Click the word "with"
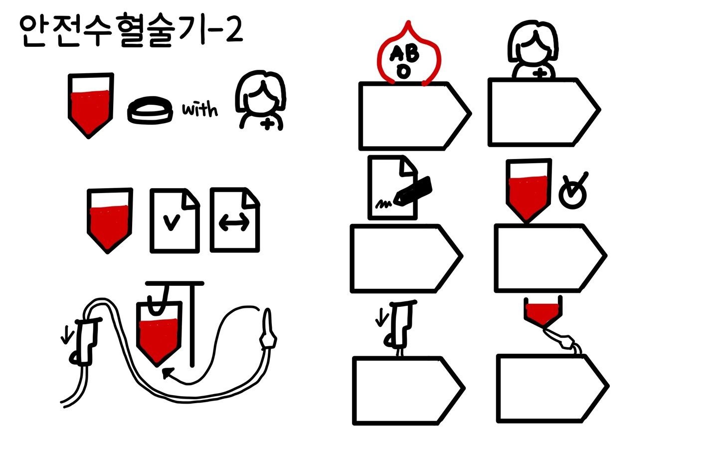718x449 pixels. click(x=200, y=109)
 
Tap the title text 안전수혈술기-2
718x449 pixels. click(x=131, y=30)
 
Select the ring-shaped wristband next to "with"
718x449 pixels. click(x=151, y=110)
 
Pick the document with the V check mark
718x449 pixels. click(x=175, y=221)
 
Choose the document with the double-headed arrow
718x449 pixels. click(x=235, y=220)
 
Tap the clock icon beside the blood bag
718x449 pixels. click(x=573, y=191)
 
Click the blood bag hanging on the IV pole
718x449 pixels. click(x=159, y=334)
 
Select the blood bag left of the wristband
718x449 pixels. click(x=91, y=106)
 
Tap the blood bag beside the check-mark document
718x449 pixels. click(x=110, y=221)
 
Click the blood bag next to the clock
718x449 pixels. click(x=529, y=190)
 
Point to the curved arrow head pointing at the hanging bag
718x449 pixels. click(x=168, y=373)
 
